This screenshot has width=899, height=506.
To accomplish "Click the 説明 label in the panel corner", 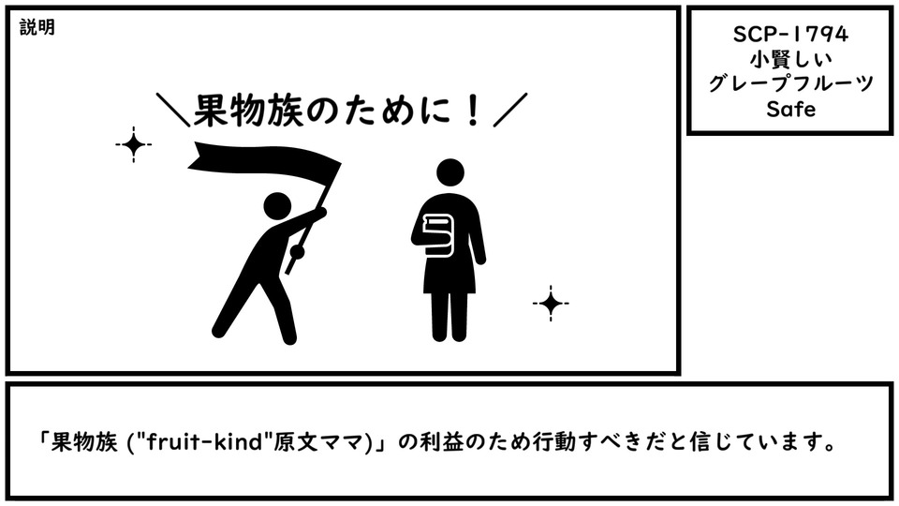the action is point(37,27).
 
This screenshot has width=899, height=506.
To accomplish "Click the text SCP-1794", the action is point(790,35).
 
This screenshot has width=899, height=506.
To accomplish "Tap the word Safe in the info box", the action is point(790,109).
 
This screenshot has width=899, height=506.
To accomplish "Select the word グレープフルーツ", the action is point(790,83).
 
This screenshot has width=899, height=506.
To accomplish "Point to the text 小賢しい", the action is point(790,59).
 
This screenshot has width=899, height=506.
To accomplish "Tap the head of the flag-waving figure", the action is point(277,206).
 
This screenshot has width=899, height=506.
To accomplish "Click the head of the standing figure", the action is point(450,172).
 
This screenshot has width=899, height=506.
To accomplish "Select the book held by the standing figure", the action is point(438,234).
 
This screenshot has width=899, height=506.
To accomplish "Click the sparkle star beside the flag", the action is point(134,144).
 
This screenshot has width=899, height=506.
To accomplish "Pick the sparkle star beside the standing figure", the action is point(551,303).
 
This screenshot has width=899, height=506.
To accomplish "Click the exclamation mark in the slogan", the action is point(473,111).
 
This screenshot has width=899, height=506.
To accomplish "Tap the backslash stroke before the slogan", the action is point(173,110).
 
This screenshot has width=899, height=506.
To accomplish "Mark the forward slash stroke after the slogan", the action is point(510,110).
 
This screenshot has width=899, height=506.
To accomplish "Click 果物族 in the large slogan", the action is point(247,111).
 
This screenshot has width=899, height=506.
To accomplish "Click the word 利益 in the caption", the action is point(440,442).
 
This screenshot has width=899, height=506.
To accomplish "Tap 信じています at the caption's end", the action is point(755,442).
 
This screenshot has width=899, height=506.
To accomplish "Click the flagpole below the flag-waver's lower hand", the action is point(292,265).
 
